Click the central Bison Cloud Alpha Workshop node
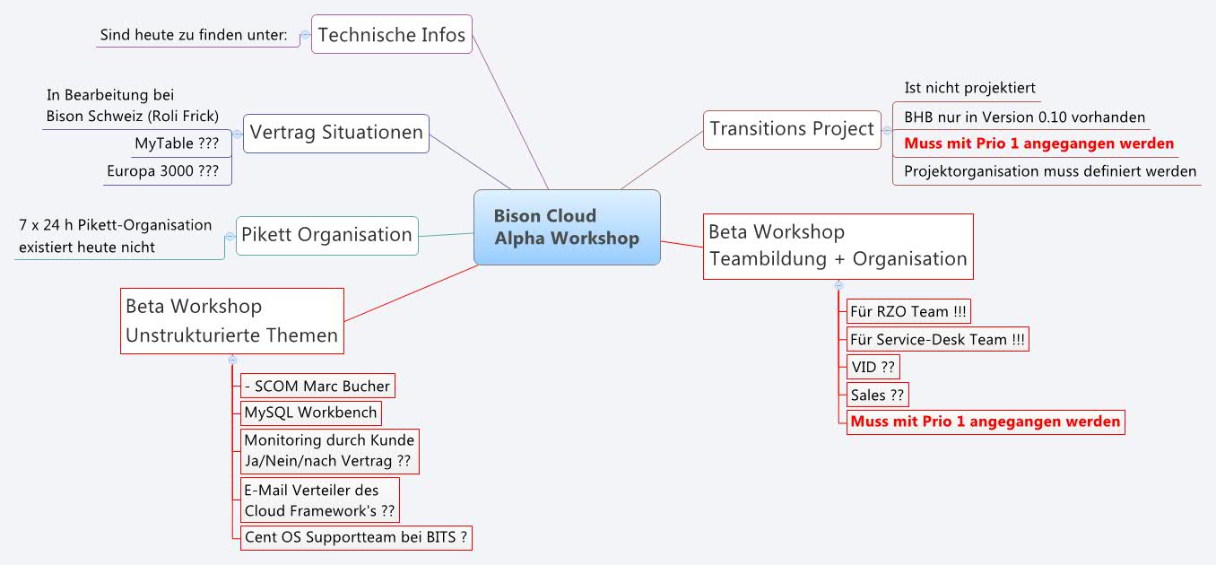click(x=567, y=228)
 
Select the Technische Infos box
click(x=392, y=35)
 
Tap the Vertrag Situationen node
click(x=336, y=133)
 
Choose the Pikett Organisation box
click(x=326, y=235)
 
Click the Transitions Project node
click(x=792, y=129)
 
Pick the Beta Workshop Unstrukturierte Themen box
click(x=231, y=321)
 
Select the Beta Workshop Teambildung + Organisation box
click(x=838, y=246)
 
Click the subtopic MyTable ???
click(x=177, y=143)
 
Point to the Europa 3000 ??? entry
click(x=162, y=170)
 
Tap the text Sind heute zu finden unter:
click(x=194, y=35)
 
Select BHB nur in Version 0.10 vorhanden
click(x=1024, y=117)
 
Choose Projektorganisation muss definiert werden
click(x=1049, y=170)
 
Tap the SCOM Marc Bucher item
click(x=317, y=387)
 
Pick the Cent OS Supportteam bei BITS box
click(x=355, y=537)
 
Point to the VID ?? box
click(x=873, y=366)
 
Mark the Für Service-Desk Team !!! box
click(x=937, y=339)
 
